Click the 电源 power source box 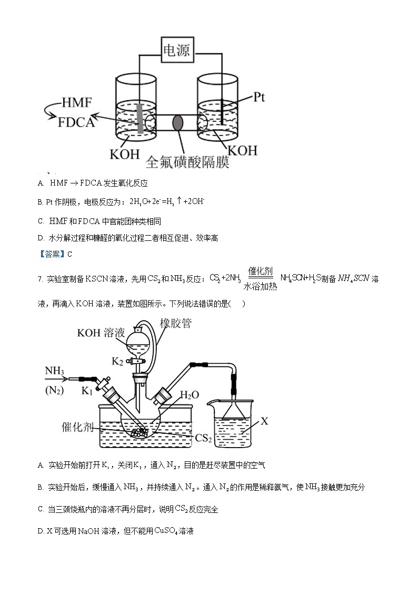[176, 51]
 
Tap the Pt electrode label [259, 97]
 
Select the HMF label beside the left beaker [76, 102]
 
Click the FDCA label [76, 122]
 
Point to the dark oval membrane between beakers [178, 123]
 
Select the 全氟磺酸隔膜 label [187, 161]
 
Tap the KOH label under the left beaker [125, 154]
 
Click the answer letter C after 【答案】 [69, 254]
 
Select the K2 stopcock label [118, 361]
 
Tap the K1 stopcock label [87, 391]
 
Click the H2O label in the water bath [190, 395]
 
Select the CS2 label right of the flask [203, 438]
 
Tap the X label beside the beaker [265, 421]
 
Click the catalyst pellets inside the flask [140, 432]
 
